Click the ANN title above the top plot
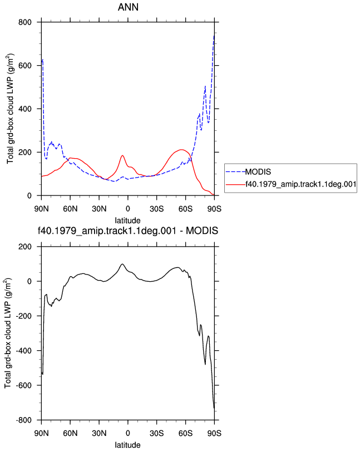coord(128,7)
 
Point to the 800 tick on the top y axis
coord(25,22)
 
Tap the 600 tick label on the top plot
coord(25,66)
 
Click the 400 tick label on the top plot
coord(25,109)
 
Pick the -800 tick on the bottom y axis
coord(23,420)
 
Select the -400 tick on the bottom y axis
coord(23,351)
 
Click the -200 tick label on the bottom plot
coord(23,316)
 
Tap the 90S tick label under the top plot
coord(214,209)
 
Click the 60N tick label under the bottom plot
coord(70,433)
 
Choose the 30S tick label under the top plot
coord(157,209)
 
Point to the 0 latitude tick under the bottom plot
coord(128,433)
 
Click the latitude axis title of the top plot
coord(127,220)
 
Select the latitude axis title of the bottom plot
coord(127,445)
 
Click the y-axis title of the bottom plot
coord(8,333)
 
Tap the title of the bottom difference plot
coord(128,231)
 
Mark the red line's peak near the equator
coord(122,155)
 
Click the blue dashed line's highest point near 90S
coord(214,35)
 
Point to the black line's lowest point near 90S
coord(214,408)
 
